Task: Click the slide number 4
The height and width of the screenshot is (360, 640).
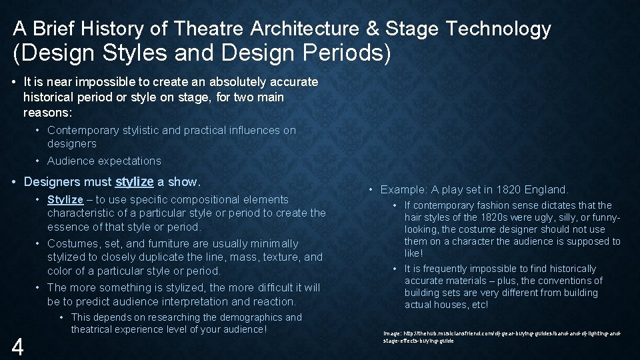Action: (x=19, y=347)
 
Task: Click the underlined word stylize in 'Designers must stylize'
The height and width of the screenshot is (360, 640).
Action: (x=135, y=181)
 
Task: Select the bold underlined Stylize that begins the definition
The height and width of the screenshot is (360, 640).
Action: (x=65, y=199)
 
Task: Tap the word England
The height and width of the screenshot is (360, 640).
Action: (x=546, y=189)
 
